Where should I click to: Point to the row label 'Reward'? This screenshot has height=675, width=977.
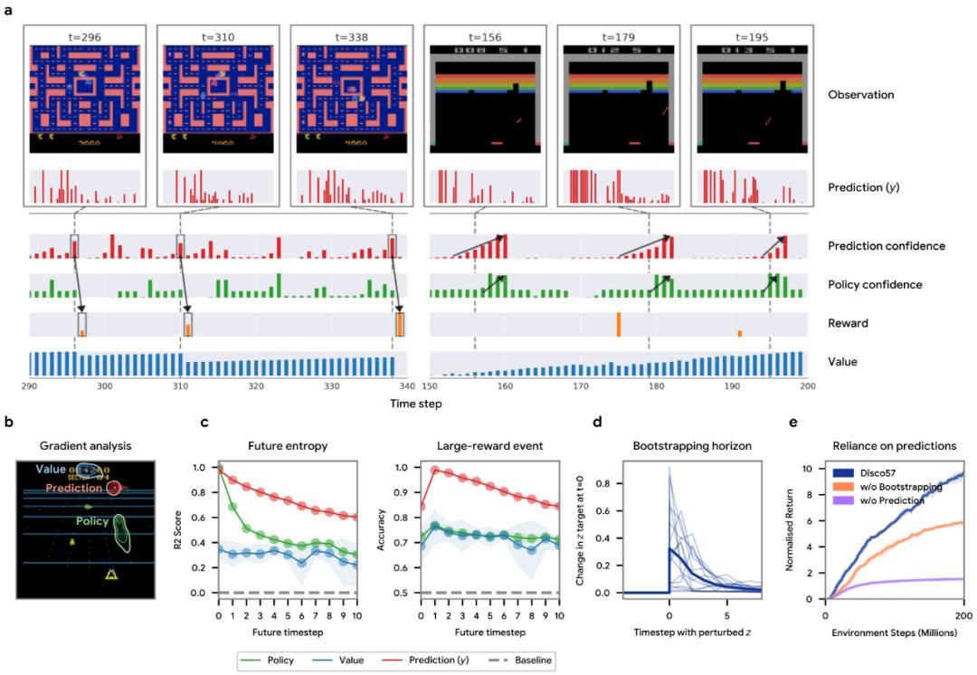(x=849, y=323)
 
